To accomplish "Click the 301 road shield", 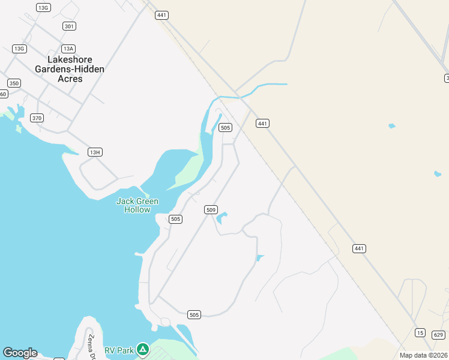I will [69, 26].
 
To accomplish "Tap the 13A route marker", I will [68, 49].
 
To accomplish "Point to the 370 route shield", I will [37, 118].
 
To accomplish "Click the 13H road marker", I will [94, 152].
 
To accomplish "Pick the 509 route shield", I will [211, 209].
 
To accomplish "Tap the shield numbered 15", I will [420, 332].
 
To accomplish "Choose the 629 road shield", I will [438, 335].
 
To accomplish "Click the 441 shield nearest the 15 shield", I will [359, 248].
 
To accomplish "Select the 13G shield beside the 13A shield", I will [19, 49].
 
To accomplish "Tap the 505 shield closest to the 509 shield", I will [175, 219].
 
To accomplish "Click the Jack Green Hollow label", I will [137, 205].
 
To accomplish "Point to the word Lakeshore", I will [70, 60].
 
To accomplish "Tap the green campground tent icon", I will [142, 349].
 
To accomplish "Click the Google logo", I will [20, 353].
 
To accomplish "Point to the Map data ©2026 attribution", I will [423, 355].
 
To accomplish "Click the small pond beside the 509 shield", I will [222, 217].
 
